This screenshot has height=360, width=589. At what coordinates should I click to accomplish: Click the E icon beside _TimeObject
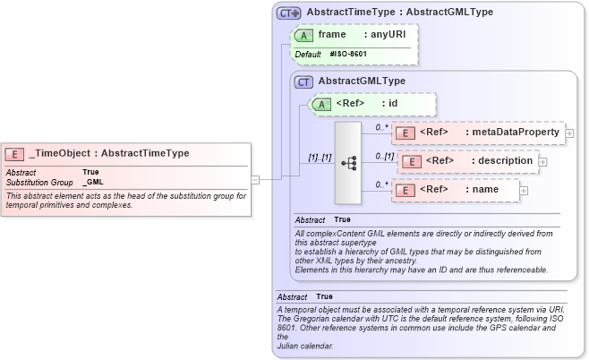coord(15,153)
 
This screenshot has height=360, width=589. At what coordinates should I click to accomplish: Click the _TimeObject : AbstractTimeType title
coord(109,153)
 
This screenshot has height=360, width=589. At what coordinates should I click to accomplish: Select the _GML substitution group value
coord(92,182)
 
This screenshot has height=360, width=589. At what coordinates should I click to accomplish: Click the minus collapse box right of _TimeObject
coord(255,179)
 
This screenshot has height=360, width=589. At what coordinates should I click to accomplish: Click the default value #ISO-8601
coord(348,55)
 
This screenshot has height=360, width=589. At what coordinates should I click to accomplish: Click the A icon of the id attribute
coord(320,104)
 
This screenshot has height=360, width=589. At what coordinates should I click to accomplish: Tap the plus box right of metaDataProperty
coord(569,133)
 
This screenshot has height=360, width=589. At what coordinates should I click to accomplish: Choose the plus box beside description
coord(542,162)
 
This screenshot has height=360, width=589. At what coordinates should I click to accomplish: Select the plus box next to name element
coord(524,190)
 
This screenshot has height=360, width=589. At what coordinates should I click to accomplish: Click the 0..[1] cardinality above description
coord(384,156)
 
